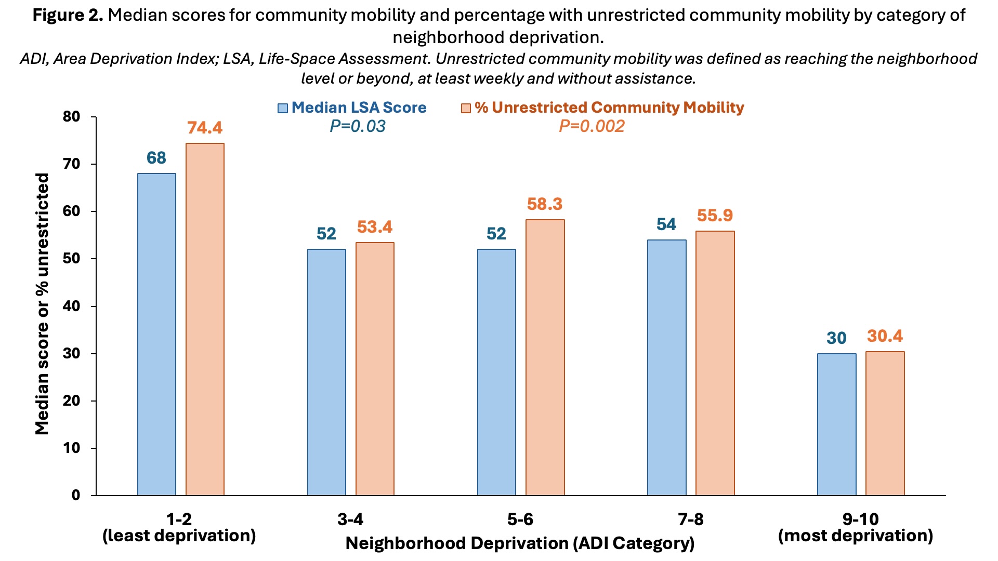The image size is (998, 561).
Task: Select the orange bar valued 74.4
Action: pyautogui.click(x=205, y=319)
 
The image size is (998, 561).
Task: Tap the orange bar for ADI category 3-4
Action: pyautogui.click(x=375, y=369)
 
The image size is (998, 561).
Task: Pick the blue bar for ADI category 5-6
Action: pyautogui.click(x=496, y=372)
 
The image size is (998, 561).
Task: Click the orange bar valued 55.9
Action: pyautogui.click(x=715, y=363)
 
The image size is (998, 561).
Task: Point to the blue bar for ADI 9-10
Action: pyautogui.click(x=836, y=424)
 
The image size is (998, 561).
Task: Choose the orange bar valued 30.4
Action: pyautogui.click(x=885, y=423)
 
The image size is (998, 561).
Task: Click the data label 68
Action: pyautogui.click(x=156, y=158)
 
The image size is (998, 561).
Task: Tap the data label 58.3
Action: pyautogui.click(x=545, y=204)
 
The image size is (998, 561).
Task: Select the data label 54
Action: pyautogui.click(x=666, y=224)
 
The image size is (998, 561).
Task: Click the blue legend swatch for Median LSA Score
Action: pyautogui.click(x=283, y=108)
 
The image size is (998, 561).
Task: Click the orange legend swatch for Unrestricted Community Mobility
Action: pyautogui.click(x=466, y=108)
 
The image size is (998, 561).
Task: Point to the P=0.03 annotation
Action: pyautogui.click(x=358, y=126)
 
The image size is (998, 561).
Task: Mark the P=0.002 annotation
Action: pyautogui.click(x=592, y=126)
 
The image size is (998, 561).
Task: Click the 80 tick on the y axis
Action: pyautogui.click(x=72, y=117)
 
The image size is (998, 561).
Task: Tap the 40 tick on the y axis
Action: pyautogui.click(x=72, y=306)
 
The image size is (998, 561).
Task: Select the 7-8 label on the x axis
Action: pyautogui.click(x=690, y=519)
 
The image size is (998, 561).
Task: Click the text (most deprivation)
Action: pyautogui.click(x=856, y=536)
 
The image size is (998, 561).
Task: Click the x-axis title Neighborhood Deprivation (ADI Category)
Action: pyautogui.click(x=520, y=543)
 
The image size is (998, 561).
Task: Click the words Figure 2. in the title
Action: pyautogui.click(x=68, y=15)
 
